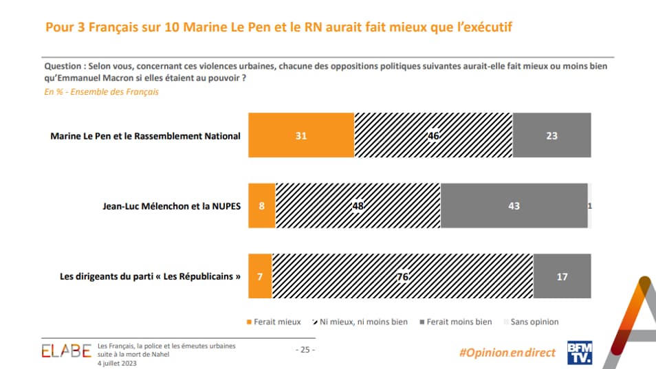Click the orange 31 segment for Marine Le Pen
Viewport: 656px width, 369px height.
point(301,136)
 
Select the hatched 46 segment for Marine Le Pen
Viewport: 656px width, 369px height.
point(433,136)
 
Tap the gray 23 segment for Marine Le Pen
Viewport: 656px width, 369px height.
point(551,136)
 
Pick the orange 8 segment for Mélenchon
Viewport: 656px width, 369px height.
point(262,205)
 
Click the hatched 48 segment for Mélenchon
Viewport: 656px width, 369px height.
point(358,205)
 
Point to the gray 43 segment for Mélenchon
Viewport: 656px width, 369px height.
point(514,205)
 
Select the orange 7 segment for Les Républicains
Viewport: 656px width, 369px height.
point(260,277)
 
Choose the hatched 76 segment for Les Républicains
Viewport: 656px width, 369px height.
point(402,277)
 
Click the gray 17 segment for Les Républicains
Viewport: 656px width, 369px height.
point(562,277)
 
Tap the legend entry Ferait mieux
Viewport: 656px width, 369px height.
point(274,322)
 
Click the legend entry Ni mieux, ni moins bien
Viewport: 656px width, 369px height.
point(362,322)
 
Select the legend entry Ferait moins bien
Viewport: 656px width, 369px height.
point(456,322)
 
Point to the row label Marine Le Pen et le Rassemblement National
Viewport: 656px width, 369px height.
point(146,136)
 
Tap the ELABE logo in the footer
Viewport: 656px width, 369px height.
point(66,351)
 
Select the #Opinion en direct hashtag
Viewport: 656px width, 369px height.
point(507,352)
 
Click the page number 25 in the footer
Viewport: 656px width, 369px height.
point(305,350)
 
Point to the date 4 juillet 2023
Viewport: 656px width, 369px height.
point(117,364)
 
